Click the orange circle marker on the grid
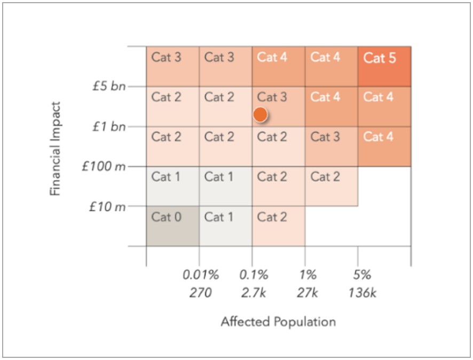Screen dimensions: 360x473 260,114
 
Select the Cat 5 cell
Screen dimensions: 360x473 384,67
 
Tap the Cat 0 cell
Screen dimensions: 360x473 172,226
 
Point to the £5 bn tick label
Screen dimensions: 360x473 108,87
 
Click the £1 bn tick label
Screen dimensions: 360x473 108,127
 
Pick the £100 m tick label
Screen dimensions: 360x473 104,166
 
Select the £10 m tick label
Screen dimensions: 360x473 107,206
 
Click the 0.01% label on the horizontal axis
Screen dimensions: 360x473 201,276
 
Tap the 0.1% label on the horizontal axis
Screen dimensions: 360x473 253,276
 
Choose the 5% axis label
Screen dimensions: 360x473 361,276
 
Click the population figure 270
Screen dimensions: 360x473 201,293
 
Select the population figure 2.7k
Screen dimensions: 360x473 253,293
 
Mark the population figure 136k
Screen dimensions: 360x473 361,293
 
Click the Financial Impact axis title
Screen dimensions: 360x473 56,148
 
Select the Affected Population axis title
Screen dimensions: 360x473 278,322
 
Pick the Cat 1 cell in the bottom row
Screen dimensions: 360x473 225,226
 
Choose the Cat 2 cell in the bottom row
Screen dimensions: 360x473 278,226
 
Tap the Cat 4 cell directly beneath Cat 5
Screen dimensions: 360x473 384,106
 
